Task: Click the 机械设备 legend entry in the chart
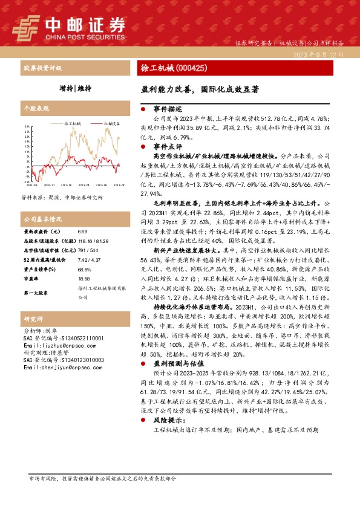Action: (x=108, y=122)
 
